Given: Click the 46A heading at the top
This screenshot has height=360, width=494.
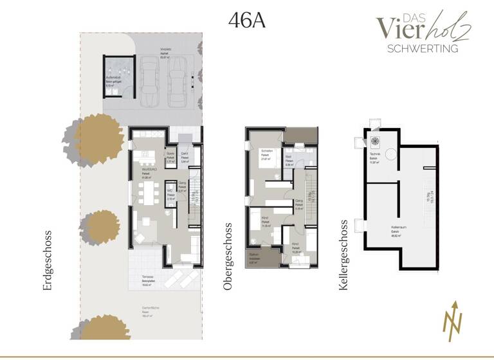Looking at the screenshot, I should click(x=247, y=20).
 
